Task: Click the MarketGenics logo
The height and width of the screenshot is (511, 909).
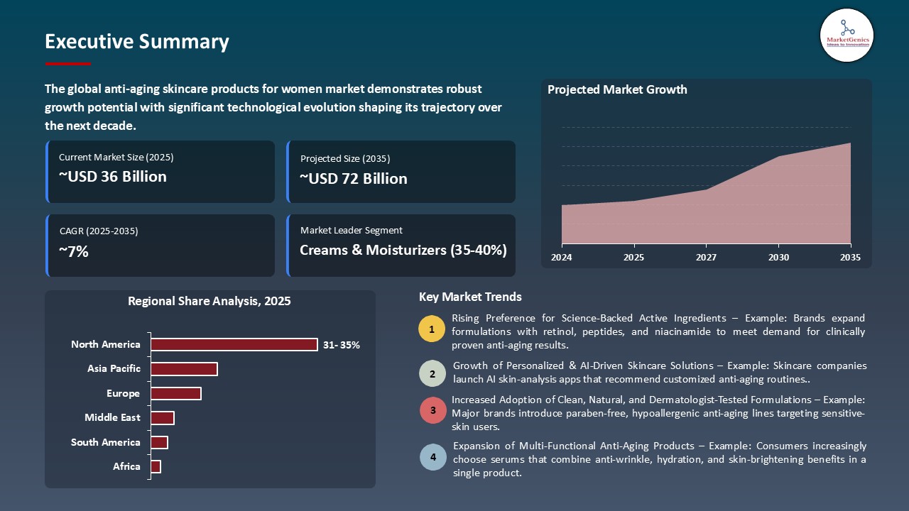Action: (x=847, y=35)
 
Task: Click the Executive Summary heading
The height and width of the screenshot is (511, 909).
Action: (x=136, y=42)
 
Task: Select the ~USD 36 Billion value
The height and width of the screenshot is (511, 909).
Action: (x=112, y=177)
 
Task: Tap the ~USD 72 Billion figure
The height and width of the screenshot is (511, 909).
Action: (x=353, y=178)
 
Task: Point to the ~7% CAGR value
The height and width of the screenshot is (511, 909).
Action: (x=74, y=251)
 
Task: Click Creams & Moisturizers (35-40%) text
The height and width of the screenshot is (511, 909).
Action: (x=403, y=250)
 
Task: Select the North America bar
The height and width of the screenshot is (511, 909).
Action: (x=234, y=344)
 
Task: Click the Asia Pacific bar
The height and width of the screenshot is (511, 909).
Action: (x=184, y=369)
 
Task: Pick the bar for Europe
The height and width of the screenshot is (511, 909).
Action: (x=175, y=393)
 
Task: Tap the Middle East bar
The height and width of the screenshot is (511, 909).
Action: (x=162, y=418)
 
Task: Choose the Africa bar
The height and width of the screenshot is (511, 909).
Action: (x=156, y=466)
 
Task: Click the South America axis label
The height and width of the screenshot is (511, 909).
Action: (x=105, y=442)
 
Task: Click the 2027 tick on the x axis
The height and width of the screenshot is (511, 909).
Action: (x=706, y=257)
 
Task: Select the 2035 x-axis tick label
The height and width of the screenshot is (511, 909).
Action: (x=849, y=257)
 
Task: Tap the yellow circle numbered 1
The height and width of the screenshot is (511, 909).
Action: (x=432, y=329)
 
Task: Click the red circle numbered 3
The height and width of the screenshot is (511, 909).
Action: (x=432, y=410)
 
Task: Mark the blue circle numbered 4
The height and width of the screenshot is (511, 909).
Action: (x=432, y=457)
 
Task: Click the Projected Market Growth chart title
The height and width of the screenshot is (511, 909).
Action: (x=616, y=89)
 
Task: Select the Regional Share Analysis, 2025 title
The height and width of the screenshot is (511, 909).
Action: (x=209, y=301)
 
